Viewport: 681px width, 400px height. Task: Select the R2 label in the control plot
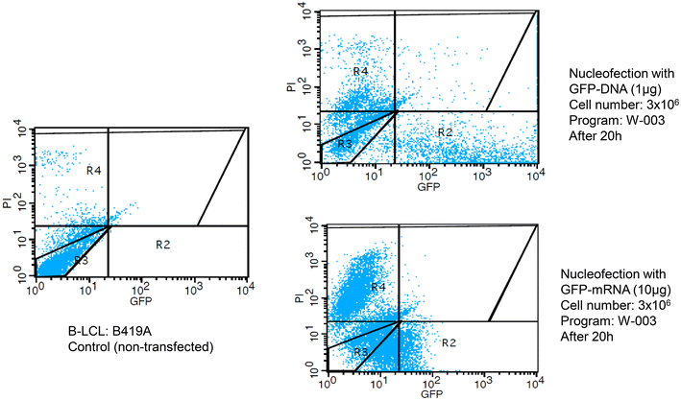pyautogui.click(x=163, y=245)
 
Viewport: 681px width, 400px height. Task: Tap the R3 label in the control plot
pyautogui.click(x=82, y=261)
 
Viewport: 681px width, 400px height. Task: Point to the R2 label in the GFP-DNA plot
pyautogui.click(x=445, y=130)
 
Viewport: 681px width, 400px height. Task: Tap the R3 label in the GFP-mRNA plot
pyautogui.click(x=360, y=353)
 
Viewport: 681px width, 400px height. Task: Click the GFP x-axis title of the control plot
pyautogui.click(x=142, y=300)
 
